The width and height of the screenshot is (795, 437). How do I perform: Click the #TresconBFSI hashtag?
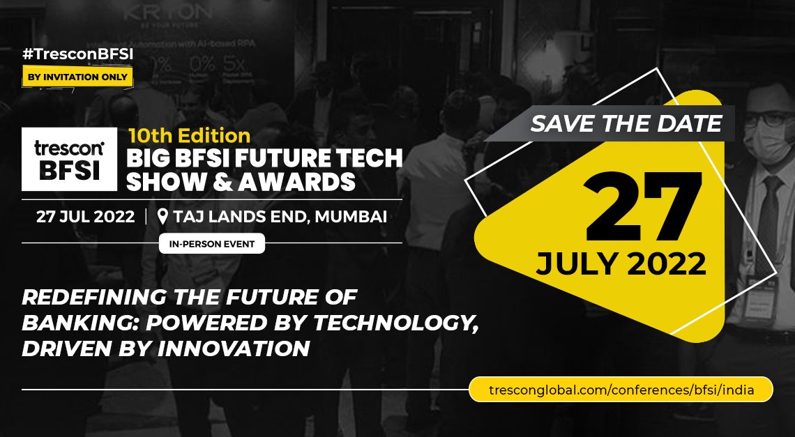tap(77, 55)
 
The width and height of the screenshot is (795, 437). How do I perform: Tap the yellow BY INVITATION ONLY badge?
tap(77, 77)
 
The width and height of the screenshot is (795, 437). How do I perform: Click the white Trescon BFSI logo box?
tap(70, 159)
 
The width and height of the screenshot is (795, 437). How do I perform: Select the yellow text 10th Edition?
tap(189, 136)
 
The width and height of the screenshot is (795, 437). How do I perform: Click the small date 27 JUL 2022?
tap(85, 217)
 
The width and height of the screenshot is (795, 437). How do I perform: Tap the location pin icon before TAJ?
tap(162, 217)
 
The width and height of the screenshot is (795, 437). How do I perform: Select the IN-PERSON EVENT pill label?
tap(212, 244)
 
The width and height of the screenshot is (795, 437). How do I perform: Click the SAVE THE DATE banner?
tap(626, 123)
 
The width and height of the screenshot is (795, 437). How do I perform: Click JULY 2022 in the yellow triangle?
tap(621, 263)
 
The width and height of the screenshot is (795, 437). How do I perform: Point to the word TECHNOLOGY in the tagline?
tap(395, 323)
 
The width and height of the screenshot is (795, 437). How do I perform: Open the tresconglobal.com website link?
tap(621, 390)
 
